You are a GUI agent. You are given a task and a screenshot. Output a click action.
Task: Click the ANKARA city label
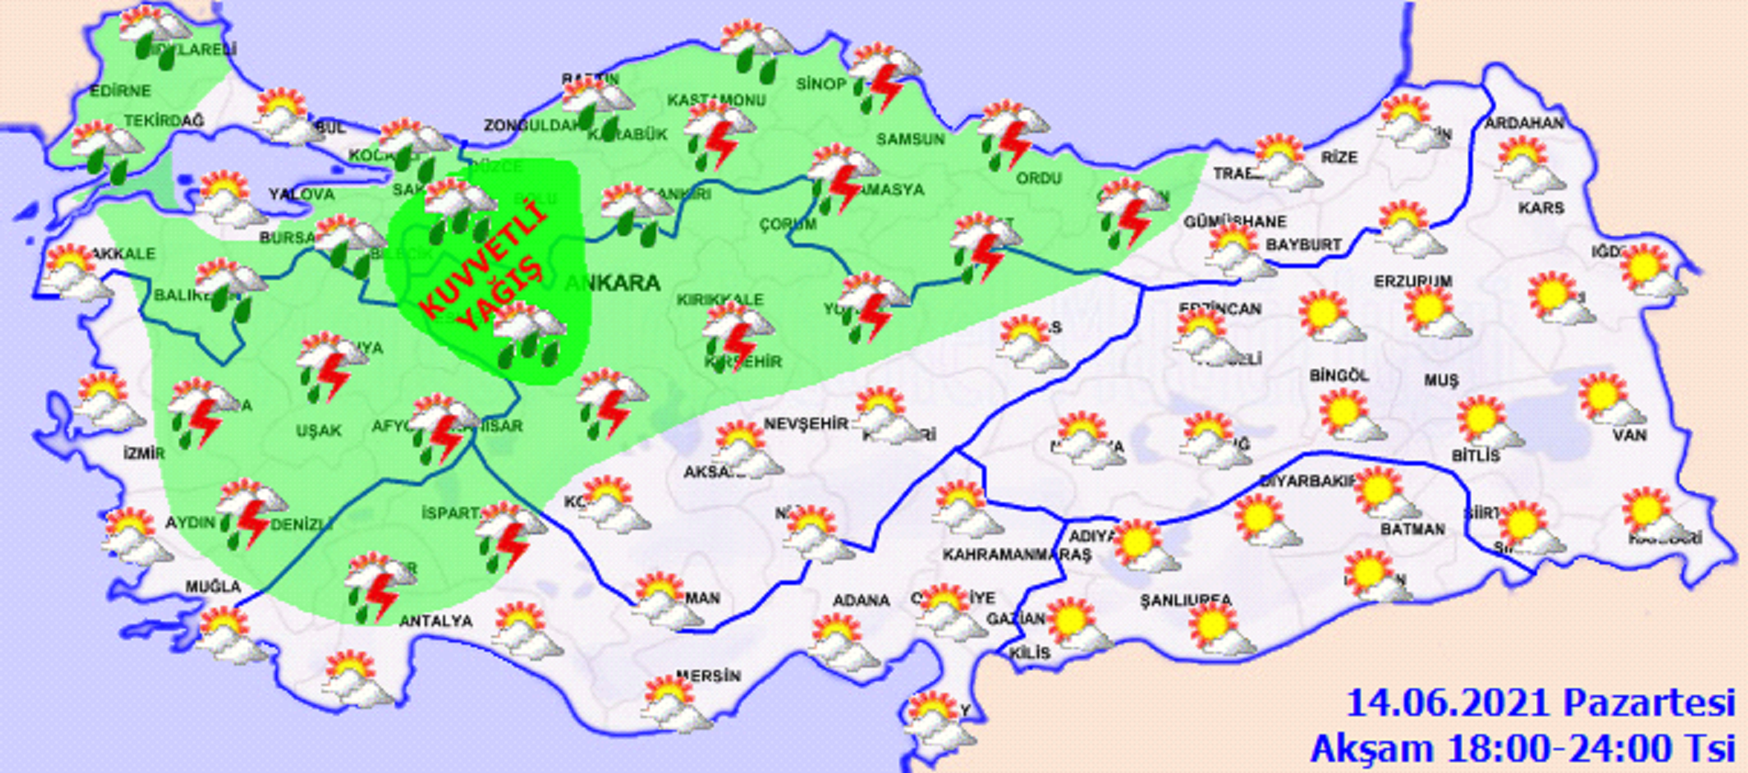[x=612, y=283]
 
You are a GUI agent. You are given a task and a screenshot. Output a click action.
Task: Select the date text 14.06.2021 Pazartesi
[x=1540, y=703]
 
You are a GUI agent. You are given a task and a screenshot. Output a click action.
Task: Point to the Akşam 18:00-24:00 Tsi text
[x=1522, y=748]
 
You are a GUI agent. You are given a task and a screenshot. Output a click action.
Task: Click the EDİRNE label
[x=120, y=91]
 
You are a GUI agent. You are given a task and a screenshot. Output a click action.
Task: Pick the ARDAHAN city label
[x=1524, y=123]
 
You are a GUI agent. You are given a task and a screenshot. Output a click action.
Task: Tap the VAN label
[x=1630, y=434]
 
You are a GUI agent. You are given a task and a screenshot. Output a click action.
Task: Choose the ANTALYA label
[x=436, y=622]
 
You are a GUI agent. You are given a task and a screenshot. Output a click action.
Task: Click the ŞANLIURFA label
[x=1186, y=600]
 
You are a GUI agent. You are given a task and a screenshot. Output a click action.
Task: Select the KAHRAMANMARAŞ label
[x=1017, y=555]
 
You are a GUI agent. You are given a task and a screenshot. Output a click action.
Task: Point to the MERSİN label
[x=708, y=677]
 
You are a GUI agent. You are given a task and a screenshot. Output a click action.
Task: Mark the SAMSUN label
[x=910, y=140]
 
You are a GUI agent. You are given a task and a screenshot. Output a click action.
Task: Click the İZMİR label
[x=144, y=453]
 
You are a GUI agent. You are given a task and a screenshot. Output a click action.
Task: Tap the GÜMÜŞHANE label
[x=1234, y=222]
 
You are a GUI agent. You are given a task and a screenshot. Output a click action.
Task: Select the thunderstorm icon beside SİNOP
[x=883, y=75]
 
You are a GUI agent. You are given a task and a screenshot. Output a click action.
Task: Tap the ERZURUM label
[x=1412, y=281]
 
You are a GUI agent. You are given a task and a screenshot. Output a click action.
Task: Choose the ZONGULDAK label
[x=533, y=125]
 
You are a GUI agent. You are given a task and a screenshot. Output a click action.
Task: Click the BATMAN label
[x=1412, y=529]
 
